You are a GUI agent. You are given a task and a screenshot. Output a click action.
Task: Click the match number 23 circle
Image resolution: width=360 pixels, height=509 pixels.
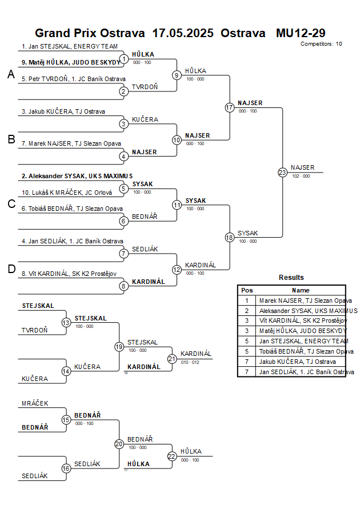(282, 172)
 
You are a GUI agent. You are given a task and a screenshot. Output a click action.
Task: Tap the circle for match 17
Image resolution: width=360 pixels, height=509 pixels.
(230, 107)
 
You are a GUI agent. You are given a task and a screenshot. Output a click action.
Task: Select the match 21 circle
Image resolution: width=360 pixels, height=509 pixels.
(172, 358)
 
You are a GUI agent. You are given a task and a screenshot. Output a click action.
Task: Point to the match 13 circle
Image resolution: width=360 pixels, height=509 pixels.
(66, 323)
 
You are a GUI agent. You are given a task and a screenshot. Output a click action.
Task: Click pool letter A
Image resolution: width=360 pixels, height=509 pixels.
(11, 74)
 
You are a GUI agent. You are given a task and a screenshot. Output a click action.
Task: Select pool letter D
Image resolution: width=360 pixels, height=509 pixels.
(11, 270)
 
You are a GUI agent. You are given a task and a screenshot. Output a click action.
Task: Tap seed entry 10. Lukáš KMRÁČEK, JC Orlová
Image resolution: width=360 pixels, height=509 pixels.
(67, 193)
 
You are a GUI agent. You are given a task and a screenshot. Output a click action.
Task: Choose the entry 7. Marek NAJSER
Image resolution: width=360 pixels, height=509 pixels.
(71, 143)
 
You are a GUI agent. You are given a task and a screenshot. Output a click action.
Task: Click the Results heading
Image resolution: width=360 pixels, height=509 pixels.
(291, 278)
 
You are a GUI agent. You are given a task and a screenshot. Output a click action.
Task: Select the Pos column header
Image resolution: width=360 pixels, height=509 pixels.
(247, 290)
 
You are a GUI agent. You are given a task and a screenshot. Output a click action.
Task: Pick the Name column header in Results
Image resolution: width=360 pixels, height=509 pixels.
(301, 290)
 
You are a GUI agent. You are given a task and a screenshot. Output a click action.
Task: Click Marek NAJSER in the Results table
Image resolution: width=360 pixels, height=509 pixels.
(305, 300)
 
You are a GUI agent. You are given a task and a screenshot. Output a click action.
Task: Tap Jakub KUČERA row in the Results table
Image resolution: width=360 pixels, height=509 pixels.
(297, 362)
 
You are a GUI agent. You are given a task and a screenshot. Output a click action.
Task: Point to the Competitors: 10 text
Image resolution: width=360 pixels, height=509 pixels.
(321, 43)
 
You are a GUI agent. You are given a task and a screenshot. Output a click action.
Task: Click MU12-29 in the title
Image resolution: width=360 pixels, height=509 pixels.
(301, 33)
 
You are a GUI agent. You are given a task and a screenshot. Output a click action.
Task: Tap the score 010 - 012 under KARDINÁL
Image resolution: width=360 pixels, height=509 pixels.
(190, 362)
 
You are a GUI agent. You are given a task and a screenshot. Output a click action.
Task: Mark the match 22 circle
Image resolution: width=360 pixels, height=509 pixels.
(172, 456)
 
